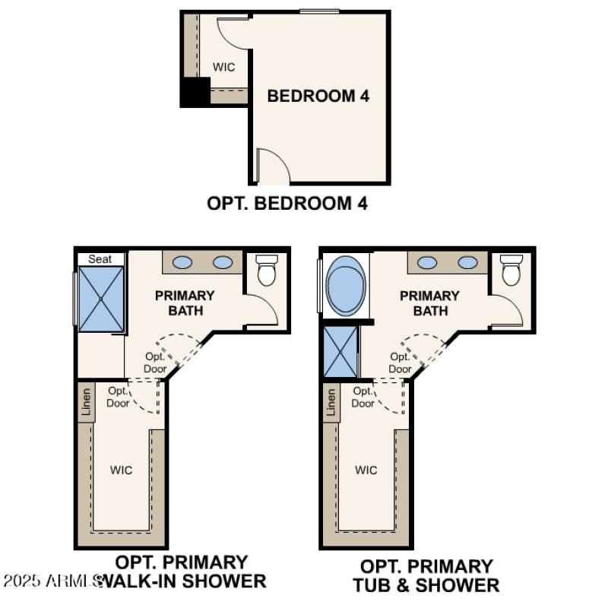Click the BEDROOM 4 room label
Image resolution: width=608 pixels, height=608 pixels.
[x=318, y=96]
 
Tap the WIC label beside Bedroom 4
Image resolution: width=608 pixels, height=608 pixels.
[x=223, y=67]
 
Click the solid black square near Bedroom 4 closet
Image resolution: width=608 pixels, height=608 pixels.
[x=195, y=92]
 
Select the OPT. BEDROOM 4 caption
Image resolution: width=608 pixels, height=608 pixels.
[x=287, y=204]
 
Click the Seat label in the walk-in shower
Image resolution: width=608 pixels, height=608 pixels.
[x=100, y=259]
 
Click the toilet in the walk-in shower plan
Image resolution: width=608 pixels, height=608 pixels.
[x=267, y=270]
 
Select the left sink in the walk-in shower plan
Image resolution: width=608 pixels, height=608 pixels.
[x=182, y=262]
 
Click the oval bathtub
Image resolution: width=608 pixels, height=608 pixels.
[x=346, y=287]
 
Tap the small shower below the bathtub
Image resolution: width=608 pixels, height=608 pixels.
[x=339, y=352]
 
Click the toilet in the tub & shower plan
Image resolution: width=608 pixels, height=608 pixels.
[x=511, y=270]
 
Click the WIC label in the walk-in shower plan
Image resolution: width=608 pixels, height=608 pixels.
[x=121, y=470]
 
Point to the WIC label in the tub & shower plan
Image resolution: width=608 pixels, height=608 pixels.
[x=366, y=470]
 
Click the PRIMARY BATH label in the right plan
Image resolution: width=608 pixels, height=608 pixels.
[x=429, y=303]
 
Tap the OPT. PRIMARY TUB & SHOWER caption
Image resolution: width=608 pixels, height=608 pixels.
[x=426, y=575]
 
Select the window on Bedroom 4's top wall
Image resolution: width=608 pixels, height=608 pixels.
[x=318, y=11]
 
